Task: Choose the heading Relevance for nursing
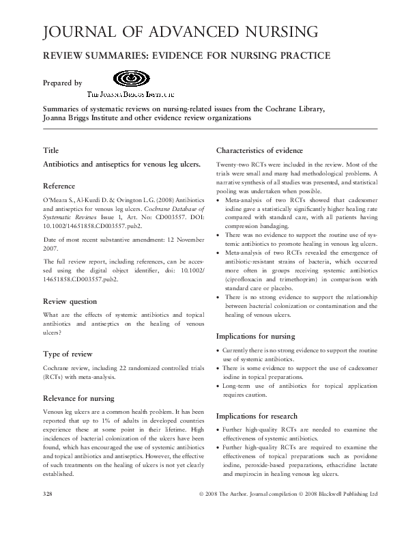click(78, 397)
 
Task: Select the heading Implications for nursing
click(255, 337)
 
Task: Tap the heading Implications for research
click(257, 416)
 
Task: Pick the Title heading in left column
click(50, 150)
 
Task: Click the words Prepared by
click(62, 83)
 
